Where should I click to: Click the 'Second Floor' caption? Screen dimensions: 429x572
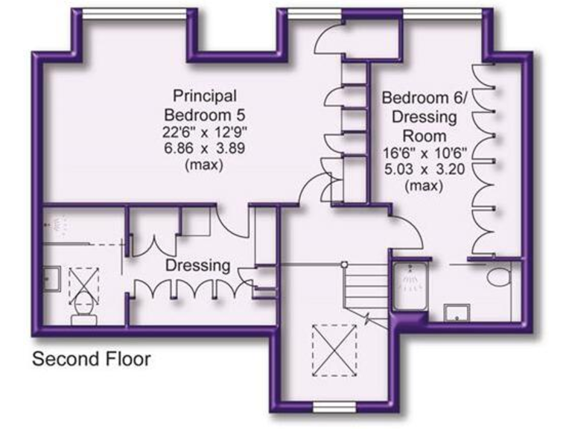point(91,360)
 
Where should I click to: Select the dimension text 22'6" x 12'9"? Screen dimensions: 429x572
point(204,133)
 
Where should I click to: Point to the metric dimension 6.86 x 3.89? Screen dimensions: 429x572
point(204,148)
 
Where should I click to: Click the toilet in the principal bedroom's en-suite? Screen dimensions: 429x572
point(82,310)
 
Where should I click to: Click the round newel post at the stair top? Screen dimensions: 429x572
point(343,264)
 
